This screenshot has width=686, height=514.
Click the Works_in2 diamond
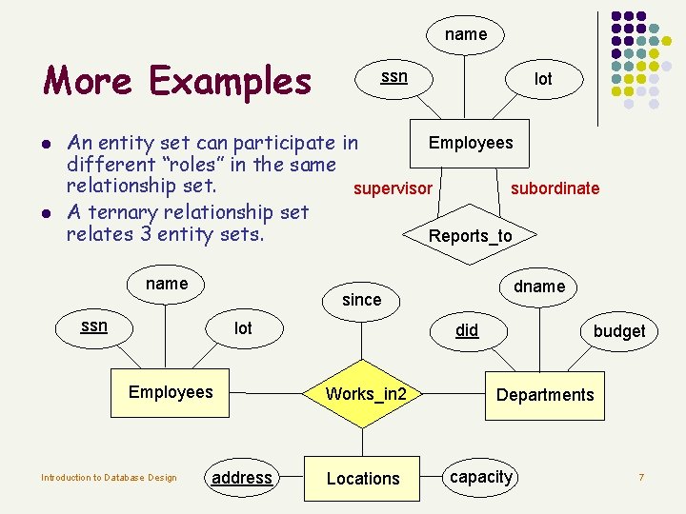(x=366, y=394)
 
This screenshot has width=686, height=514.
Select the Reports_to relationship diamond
(x=471, y=236)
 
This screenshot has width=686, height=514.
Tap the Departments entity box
(x=545, y=395)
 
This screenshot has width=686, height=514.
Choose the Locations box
(x=363, y=478)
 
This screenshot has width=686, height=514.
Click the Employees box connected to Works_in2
(x=171, y=392)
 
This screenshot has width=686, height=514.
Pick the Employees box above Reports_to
(x=471, y=143)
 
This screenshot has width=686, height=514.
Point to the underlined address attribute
(x=242, y=478)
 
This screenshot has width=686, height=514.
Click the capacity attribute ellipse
(x=481, y=477)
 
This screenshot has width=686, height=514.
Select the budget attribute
(x=619, y=331)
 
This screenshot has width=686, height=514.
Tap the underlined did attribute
(x=467, y=330)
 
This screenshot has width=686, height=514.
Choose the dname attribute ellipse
(x=539, y=287)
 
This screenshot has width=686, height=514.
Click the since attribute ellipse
(x=361, y=300)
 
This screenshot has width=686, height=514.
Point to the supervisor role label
(x=393, y=188)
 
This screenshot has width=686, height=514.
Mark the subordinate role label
(x=555, y=188)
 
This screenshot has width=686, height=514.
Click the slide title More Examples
(x=177, y=82)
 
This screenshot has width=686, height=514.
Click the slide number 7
(x=641, y=477)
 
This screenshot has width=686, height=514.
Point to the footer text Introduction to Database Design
(x=109, y=478)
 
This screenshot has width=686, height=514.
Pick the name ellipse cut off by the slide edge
(x=466, y=34)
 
